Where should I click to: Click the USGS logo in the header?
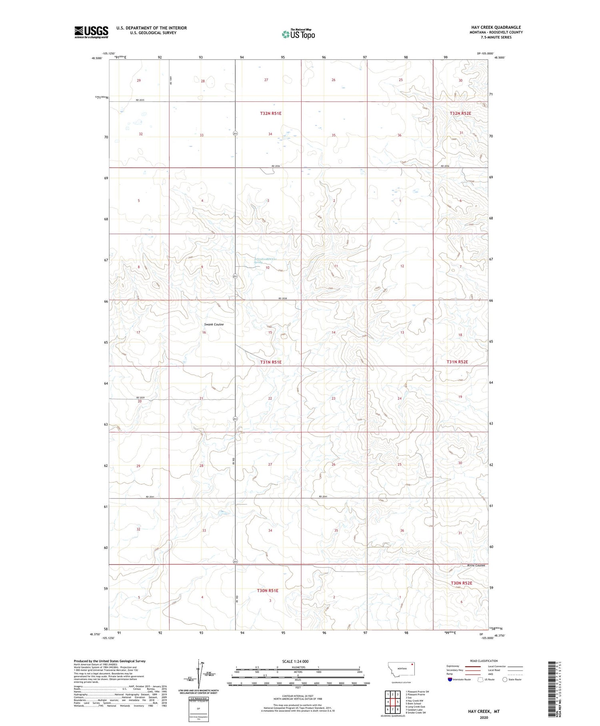point(91,32)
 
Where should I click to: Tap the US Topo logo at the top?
point(298,34)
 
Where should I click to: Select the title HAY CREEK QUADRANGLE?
point(496,28)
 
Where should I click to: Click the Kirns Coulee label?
point(476,565)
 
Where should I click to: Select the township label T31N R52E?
point(457,362)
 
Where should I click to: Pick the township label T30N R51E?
point(268,591)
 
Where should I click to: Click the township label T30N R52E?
point(461,583)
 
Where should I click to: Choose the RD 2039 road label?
point(140,397)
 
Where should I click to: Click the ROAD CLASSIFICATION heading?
point(484,661)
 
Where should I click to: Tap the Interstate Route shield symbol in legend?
point(450,680)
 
